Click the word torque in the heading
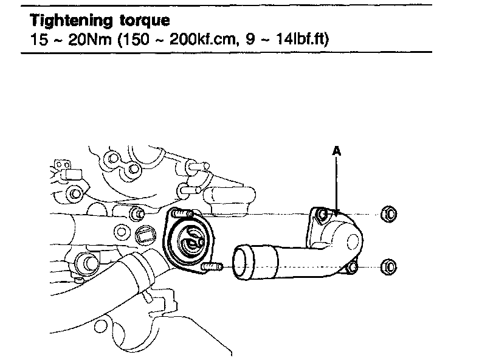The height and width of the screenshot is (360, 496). (140, 21)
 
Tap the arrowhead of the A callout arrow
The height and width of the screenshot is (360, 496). (336, 210)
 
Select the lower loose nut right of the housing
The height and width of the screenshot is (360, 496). (389, 266)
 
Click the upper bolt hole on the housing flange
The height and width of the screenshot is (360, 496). (322, 213)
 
